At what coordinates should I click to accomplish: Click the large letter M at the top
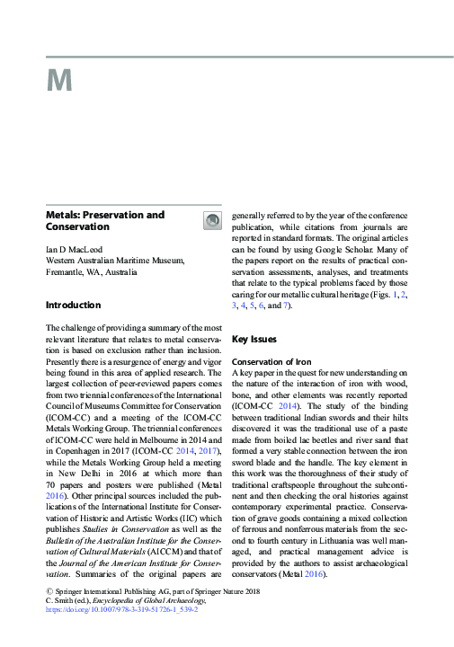[58, 81]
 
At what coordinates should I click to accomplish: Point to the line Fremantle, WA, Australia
[96, 271]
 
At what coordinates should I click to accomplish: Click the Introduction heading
[73, 306]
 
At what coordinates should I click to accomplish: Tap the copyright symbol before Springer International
[49, 590]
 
